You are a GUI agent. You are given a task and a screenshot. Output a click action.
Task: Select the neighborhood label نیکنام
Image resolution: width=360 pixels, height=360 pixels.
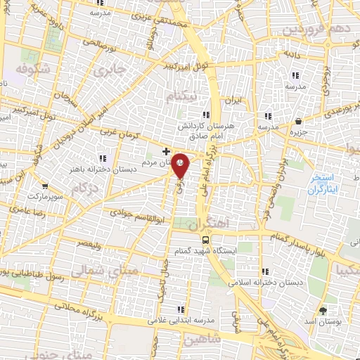pyautogui.click(x=181, y=94)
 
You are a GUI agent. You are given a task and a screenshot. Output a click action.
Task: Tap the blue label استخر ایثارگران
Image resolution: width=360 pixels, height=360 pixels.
pyautogui.click(x=324, y=184)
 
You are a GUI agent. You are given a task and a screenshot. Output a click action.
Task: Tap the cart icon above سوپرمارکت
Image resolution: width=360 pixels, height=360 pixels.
pyautogui.click(x=45, y=186)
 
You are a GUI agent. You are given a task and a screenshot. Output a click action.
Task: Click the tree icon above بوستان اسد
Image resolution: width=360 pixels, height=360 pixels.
pyautogui.click(x=323, y=309)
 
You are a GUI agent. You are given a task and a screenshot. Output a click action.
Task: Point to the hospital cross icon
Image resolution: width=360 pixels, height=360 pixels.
pyautogui.click(x=166, y=151)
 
